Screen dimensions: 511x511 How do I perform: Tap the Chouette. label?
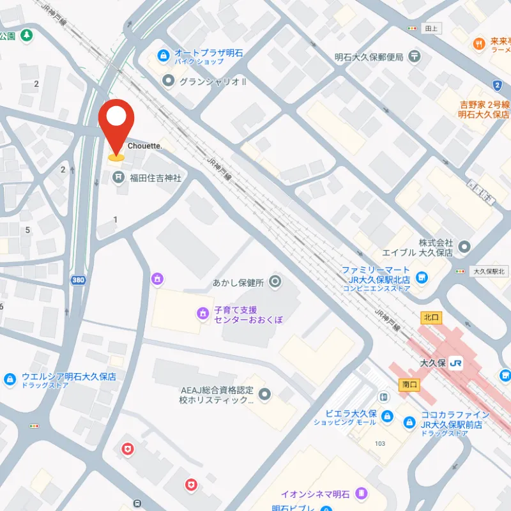145,146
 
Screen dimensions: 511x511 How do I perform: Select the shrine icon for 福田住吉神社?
119,178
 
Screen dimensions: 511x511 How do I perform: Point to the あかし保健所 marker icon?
275,281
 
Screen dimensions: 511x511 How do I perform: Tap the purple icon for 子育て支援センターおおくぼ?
202,313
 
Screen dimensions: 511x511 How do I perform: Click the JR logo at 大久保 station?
456,363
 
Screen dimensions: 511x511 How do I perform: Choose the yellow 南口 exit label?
409,385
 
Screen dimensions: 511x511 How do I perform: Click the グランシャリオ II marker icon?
169,80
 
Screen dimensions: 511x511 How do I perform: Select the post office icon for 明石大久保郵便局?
416,57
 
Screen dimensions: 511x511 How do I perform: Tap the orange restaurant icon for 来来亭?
478,44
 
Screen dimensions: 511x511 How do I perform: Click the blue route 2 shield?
498,85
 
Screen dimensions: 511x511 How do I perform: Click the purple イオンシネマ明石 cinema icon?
362,494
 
